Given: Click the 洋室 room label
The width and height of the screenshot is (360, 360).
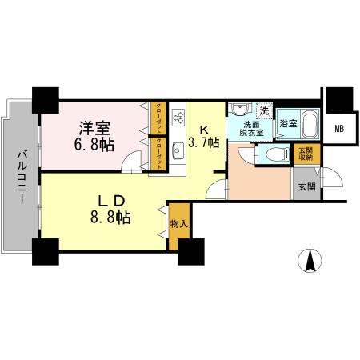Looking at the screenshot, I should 94,127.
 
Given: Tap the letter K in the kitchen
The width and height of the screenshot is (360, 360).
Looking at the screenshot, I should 205,128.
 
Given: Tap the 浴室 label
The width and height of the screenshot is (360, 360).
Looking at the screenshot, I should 288,124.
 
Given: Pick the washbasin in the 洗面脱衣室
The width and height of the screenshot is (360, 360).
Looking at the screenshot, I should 240,109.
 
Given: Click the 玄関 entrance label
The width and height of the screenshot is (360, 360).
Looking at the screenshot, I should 306,186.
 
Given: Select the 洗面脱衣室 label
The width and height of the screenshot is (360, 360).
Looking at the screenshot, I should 252,130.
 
